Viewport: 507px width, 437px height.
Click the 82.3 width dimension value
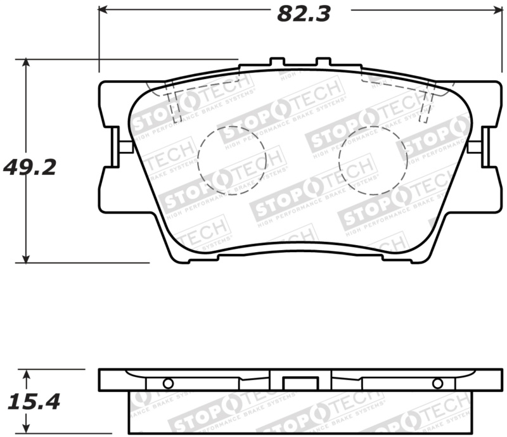click(x=304, y=13)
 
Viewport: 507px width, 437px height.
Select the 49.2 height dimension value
click(x=30, y=167)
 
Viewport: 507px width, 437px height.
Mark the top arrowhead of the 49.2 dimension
click(x=25, y=64)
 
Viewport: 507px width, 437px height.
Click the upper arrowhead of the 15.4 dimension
click(x=25, y=374)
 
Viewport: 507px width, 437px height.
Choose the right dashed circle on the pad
click(x=373, y=160)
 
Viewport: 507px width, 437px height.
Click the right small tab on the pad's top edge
click(x=323, y=63)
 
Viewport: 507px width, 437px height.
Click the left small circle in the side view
click(x=167, y=383)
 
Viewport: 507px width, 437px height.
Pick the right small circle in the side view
click(x=437, y=383)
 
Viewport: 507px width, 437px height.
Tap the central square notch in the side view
click(x=294, y=383)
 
